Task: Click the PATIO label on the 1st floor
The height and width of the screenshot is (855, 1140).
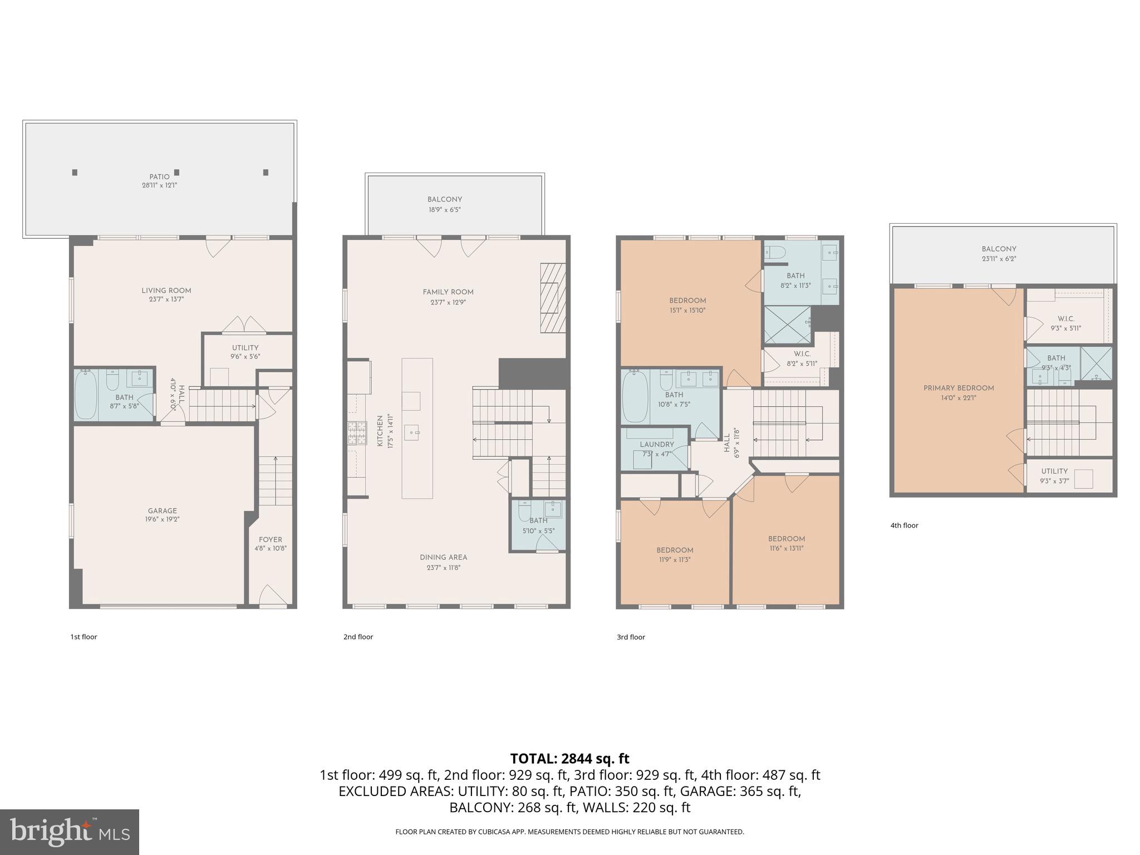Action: pos(159,176)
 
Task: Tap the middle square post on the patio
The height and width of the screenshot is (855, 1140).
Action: pos(177,173)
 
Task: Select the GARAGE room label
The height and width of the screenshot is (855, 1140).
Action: pos(163,510)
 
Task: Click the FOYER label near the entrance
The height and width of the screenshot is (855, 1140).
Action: pos(271,539)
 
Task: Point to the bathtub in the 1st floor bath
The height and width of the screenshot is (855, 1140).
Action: pos(86,396)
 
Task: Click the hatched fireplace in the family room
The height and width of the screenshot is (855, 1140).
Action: pos(553,298)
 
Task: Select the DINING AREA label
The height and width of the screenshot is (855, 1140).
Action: pos(444,557)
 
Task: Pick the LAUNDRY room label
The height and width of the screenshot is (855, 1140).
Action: pos(657,444)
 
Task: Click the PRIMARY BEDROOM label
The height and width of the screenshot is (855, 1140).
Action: pos(959,388)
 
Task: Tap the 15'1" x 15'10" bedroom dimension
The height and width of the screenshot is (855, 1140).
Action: pos(687,311)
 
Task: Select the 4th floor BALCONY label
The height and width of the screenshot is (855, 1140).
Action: pos(999,249)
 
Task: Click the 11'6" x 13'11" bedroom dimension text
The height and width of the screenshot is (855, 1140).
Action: pos(787,548)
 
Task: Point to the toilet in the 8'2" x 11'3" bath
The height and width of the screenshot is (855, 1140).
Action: pos(774,253)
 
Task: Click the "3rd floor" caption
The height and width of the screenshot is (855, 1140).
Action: pos(631,637)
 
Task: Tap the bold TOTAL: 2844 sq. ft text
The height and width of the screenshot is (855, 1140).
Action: pos(569,758)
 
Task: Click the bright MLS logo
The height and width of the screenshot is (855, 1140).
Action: pos(69,832)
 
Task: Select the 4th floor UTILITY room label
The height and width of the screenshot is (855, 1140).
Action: pos(1054,471)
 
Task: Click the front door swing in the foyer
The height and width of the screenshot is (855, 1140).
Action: pos(273,594)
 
